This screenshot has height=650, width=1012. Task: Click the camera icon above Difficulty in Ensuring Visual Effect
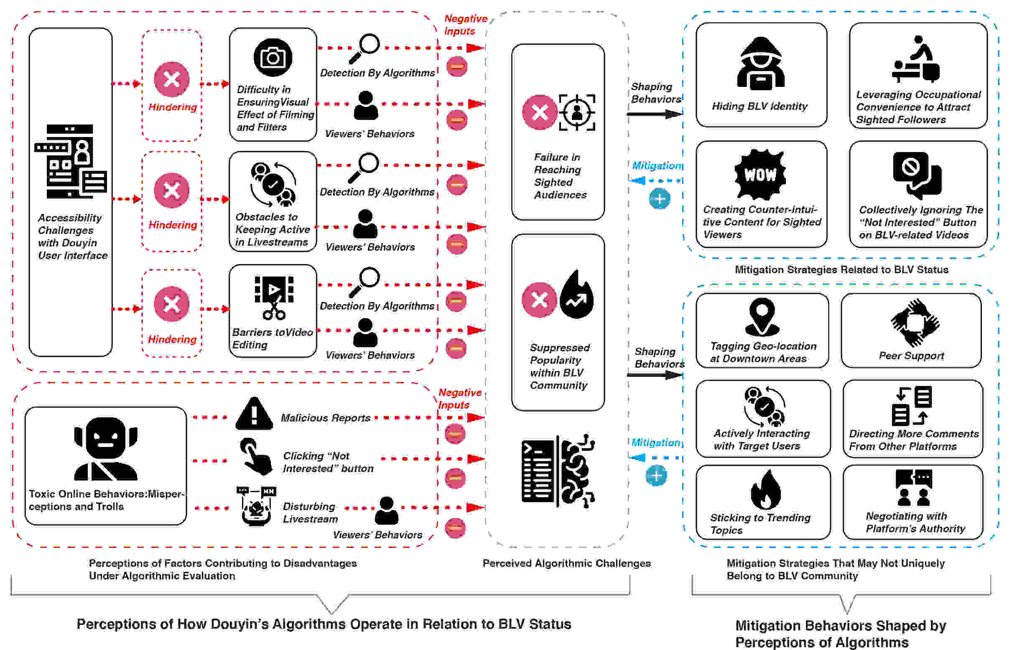coord(273,57)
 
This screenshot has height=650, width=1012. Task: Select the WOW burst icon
coord(760,174)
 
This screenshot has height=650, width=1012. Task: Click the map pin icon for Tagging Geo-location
coord(762,316)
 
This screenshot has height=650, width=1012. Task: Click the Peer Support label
coord(911,356)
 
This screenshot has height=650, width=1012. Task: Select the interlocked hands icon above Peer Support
coord(915,322)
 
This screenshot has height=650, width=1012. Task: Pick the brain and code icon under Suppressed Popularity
coord(558,471)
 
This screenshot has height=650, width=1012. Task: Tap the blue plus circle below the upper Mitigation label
coord(659,199)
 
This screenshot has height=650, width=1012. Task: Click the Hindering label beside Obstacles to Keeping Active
coord(173,225)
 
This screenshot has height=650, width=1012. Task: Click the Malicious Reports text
coord(325,418)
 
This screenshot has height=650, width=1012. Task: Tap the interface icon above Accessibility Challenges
coord(70,162)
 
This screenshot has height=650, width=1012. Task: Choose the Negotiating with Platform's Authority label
coord(915,522)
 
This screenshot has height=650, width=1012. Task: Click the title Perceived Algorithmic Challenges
coord(566,563)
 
